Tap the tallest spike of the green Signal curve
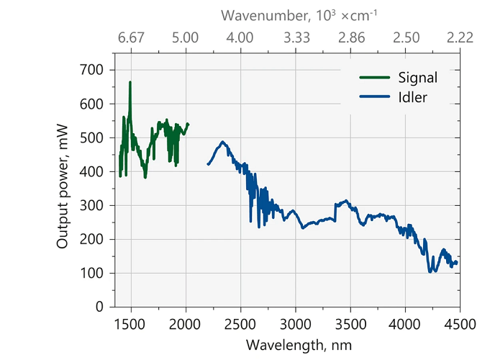click(130, 83)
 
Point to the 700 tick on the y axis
click(98, 70)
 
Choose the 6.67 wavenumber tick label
click(131, 38)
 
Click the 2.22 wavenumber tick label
click(459, 38)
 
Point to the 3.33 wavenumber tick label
click(295, 38)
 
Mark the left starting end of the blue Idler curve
click(208, 164)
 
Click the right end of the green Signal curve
click(188, 124)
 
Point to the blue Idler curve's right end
click(456, 263)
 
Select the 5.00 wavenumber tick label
click(186, 38)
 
